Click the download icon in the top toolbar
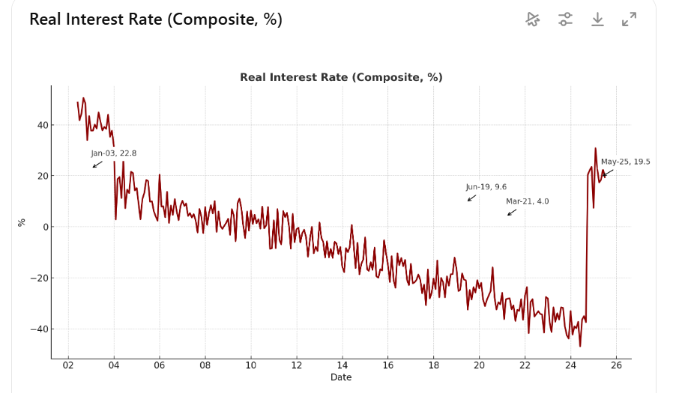597,19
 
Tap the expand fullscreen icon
629,19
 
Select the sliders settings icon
565,19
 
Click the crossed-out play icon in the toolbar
533,19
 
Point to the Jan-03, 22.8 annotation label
114,153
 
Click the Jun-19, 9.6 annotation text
486,187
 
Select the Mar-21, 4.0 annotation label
527,201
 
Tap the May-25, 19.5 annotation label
625,162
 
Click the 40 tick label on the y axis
40,125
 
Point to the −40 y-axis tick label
37,329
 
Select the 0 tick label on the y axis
43,227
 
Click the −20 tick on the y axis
37,278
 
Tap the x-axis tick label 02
68,365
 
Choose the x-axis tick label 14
342,365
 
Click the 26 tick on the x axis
616,365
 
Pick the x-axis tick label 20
479,365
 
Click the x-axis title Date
341,377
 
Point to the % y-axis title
22,222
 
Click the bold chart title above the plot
341,77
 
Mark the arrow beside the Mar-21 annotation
512,212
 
